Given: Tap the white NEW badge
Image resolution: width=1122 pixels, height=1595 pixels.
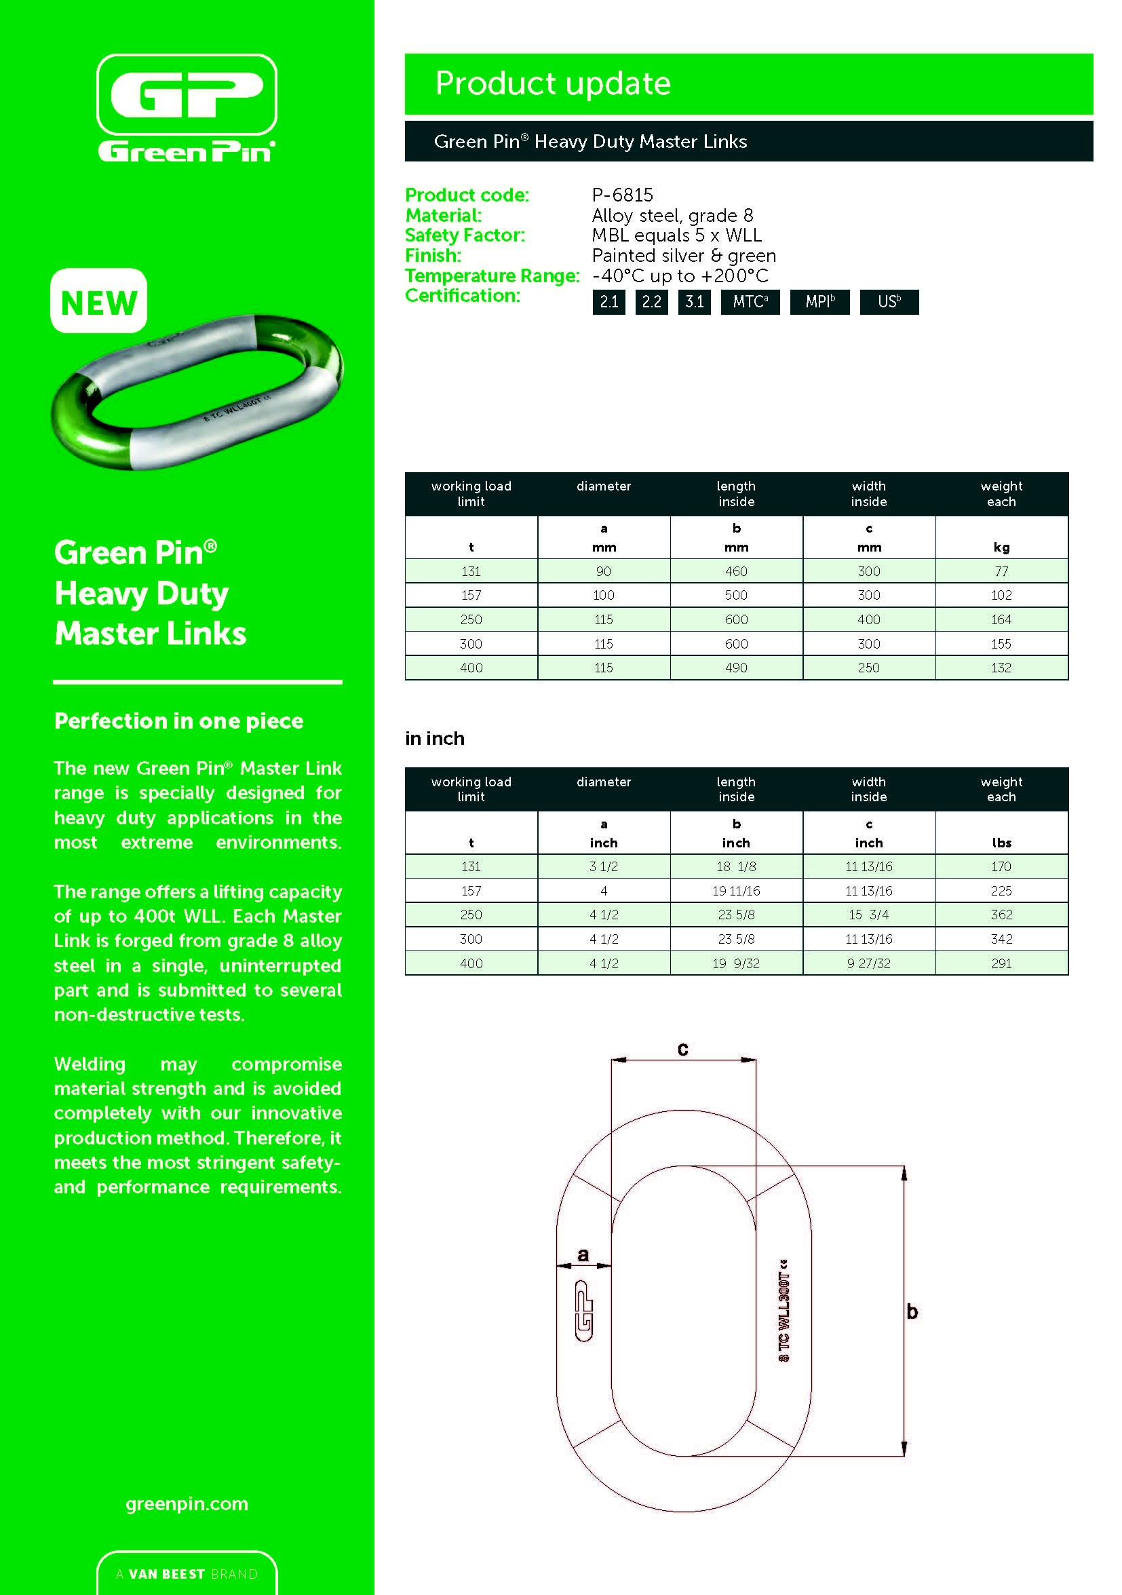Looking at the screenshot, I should (98, 302).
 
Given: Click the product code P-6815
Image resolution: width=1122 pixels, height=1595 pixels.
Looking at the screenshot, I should (622, 195).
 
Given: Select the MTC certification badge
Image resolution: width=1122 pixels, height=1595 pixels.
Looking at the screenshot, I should (750, 302).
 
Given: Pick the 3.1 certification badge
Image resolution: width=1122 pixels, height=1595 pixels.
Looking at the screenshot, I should (694, 302).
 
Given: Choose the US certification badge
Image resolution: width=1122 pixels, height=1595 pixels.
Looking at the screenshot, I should (889, 302).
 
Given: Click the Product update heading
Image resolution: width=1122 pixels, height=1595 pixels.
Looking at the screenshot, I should (552, 83).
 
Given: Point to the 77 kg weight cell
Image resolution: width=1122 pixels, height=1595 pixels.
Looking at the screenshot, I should (1001, 571).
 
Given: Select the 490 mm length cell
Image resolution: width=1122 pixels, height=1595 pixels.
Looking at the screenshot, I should (736, 668).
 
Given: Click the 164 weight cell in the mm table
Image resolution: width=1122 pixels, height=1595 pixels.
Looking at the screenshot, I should (1001, 619).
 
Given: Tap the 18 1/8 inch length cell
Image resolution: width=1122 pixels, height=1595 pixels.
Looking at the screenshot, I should (736, 866).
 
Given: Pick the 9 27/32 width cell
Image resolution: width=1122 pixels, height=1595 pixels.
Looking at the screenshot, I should (868, 963).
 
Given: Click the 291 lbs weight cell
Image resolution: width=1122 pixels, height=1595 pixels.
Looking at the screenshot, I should (1001, 963).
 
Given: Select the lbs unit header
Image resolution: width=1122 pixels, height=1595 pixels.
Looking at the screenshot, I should (1001, 843).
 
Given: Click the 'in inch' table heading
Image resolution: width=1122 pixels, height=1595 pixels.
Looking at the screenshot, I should (435, 738).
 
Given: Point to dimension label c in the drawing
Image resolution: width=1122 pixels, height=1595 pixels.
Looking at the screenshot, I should (683, 1050).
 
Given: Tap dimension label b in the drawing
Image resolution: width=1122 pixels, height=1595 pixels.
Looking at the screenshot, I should (912, 1312).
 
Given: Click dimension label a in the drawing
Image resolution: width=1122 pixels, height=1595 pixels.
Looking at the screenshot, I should (583, 1254).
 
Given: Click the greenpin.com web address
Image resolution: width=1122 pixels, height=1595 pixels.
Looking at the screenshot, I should (187, 1504).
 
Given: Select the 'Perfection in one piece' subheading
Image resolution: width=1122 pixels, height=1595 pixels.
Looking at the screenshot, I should (178, 721).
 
